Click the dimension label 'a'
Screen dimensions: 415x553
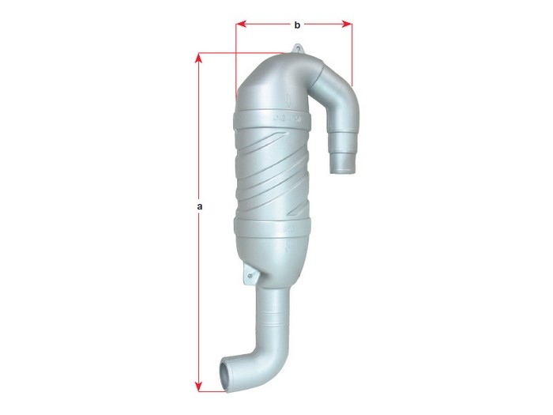(x=200, y=206)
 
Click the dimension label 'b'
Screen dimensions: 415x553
(x=296, y=25)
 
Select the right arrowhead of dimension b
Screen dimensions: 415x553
(x=348, y=25)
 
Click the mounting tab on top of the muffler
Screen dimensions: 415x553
(x=299, y=50)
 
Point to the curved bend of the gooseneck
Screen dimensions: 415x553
(x=336, y=83)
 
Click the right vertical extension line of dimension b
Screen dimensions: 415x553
(x=352, y=55)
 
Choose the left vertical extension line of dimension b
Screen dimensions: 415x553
(x=236, y=63)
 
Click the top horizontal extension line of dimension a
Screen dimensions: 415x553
(x=237, y=53)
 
